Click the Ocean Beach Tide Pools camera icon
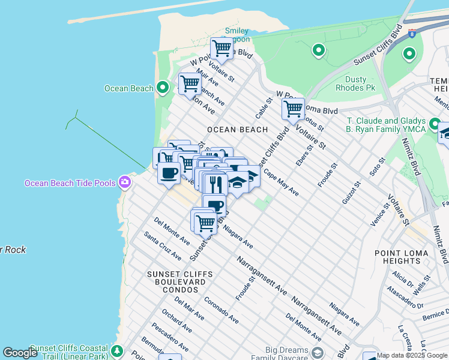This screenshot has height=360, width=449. pyautogui.click(x=124, y=181)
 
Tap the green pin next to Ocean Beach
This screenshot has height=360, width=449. pyautogui.click(x=162, y=88)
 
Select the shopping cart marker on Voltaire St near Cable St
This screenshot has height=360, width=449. pyautogui.click(x=293, y=109)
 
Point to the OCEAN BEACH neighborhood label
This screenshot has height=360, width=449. pyautogui.click(x=237, y=130)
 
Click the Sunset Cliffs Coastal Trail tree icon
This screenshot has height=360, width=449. pyautogui.click(x=118, y=350)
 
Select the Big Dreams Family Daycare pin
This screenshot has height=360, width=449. pyautogui.click(x=318, y=352)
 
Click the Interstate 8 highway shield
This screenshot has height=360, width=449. pyautogui.click(x=412, y=34)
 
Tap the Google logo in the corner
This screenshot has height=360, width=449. pyautogui.click(x=20, y=353)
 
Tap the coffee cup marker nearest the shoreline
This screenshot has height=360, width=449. pyautogui.click(x=169, y=173)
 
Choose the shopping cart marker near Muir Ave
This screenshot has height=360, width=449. pyautogui.click(x=190, y=83)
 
